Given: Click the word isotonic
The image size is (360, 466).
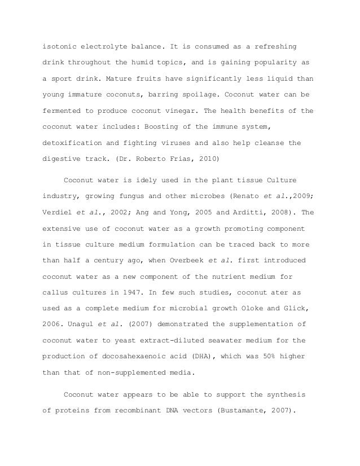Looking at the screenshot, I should (60, 45).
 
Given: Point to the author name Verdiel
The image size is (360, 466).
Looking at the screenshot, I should (60, 213).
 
